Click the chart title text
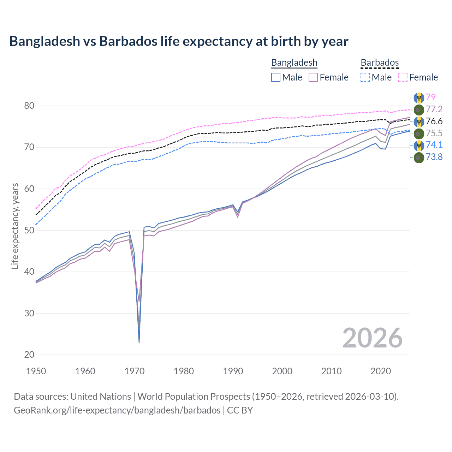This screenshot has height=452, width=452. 179,41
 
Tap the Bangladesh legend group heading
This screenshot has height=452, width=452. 294,63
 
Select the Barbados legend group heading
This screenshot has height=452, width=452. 380,63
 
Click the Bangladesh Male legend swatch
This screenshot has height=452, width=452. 276,77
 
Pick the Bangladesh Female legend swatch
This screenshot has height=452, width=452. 313,77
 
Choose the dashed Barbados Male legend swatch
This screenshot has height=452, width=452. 365,77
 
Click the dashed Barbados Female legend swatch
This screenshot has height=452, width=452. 403,77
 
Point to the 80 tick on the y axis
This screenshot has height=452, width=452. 29,106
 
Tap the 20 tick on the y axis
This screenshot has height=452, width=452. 29,355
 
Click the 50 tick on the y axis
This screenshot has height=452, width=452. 29,230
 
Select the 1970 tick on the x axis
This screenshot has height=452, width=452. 135,371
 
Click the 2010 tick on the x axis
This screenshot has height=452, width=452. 331,371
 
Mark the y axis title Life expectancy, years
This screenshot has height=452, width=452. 15,226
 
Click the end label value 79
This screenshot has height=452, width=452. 431,97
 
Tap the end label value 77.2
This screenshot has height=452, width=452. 434,109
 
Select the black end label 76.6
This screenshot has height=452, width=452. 434,121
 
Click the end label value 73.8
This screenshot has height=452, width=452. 434,157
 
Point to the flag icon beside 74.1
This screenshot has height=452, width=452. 419,145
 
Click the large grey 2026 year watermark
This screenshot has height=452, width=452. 373,338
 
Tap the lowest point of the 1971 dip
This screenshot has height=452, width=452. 139,342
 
